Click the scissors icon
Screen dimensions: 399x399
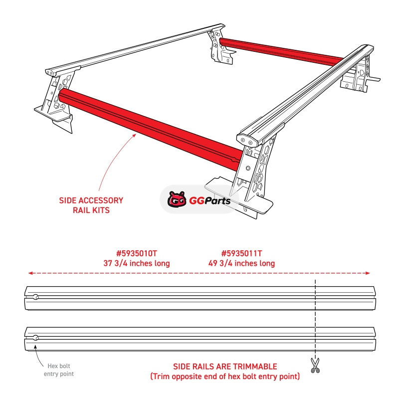tap(315, 366)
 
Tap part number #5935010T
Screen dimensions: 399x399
tap(137, 253)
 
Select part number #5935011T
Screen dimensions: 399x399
tap(241, 253)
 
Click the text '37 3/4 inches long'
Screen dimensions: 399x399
tap(137, 263)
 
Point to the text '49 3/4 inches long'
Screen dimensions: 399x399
tap(241, 263)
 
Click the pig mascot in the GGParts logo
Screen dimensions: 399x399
tap(177, 199)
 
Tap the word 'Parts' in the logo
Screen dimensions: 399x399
tap(217, 201)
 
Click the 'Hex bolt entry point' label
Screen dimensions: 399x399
tap(59, 370)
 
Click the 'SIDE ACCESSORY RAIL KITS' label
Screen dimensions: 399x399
tap(91, 205)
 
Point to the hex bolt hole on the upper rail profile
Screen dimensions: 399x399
tap(36, 297)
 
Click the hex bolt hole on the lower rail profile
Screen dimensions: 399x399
tap(36, 338)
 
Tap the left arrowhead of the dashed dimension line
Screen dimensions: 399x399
tap(30, 273)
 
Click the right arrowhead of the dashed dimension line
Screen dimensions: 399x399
tap(368, 273)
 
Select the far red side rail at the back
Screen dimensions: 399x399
tap(281, 51)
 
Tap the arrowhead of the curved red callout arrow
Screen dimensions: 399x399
tap(134, 135)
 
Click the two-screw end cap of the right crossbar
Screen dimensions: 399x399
tap(247, 141)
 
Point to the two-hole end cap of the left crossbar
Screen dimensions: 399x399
tap(50, 73)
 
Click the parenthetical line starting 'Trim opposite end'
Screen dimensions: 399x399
tap(225, 377)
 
